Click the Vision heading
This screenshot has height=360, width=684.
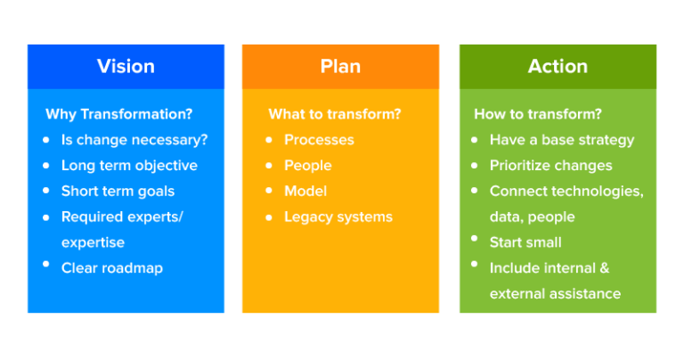click(x=126, y=66)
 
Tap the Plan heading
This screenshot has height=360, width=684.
click(x=340, y=66)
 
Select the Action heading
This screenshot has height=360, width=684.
click(x=558, y=66)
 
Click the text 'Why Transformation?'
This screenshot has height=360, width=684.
click(x=118, y=114)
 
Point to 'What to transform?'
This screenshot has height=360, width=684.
click(x=334, y=114)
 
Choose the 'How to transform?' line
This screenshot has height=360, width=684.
click(x=537, y=114)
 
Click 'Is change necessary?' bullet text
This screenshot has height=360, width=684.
click(x=134, y=140)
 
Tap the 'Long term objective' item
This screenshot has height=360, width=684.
click(x=129, y=166)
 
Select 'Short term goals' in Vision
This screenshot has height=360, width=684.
click(x=118, y=192)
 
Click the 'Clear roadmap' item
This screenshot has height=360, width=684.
click(x=111, y=267)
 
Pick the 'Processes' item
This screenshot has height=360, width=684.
click(x=319, y=140)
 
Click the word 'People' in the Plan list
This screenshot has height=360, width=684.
click(x=307, y=166)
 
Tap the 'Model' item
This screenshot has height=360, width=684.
click(x=305, y=192)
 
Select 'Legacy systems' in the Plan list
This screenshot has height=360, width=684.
click(x=338, y=217)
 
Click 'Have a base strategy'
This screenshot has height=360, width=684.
click(x=562, y=140)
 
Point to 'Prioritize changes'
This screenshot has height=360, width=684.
click(x=550, y=166)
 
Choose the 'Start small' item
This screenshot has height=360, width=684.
click(x=525, y=242)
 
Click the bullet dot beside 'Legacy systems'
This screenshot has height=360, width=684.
click(x=269, y=217)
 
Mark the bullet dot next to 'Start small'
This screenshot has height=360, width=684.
click(x=475, y=240)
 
